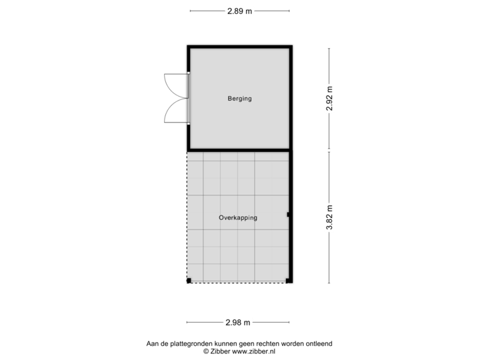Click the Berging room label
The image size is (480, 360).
(x=239, y=99)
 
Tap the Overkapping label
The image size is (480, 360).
(x=238, y=217)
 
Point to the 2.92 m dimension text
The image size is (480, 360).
(x=329, y=99)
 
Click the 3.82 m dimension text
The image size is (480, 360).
(x=329, y=217)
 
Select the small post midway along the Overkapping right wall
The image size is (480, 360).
(x=288, y=215)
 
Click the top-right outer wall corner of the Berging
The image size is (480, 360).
(x=291, y=45)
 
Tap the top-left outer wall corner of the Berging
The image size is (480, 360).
(x=187, y=45)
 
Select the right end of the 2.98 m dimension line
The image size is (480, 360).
(x=292, y=323)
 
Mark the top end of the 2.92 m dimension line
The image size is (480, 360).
(x=329, y=48)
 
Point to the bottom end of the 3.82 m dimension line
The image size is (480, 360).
(x=329, y=283)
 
